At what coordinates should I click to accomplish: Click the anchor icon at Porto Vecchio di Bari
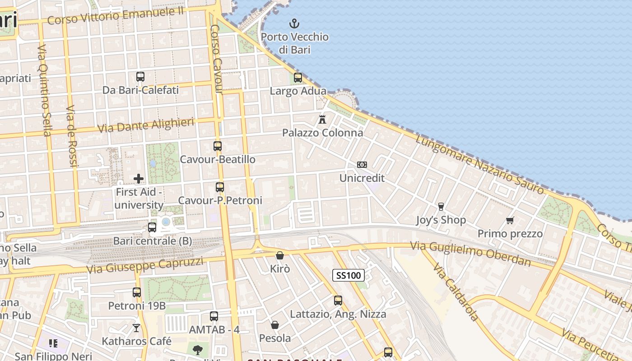(294, 23)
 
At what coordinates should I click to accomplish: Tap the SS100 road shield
(349, 275)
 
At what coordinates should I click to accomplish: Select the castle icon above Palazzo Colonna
(322, 120)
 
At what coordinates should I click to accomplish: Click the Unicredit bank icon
(362, 165)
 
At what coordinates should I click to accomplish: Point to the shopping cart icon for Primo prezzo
(510, 220)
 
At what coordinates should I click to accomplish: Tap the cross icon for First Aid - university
(139, 179)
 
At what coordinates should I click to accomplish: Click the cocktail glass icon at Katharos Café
(136, 328)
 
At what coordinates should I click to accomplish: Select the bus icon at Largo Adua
(298, 78)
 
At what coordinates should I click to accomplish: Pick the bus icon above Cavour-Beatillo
(218, 146)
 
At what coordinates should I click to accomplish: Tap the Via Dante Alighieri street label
(146, 125)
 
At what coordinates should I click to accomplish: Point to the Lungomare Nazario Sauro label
(479, 165)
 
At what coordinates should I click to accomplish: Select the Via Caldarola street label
(455, 293)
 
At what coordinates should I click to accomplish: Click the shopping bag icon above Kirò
(280, 255)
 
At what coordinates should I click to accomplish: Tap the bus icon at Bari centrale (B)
(152, 227)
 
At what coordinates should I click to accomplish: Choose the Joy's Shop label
(441, 220)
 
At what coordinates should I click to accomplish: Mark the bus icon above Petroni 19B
(137, 292)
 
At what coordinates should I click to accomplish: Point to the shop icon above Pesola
(274, 325)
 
